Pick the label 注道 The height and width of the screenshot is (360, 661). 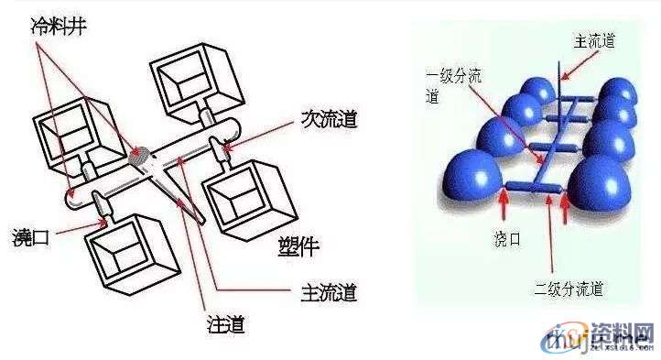(226, 322)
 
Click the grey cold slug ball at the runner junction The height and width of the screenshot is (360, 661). (141, 155)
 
